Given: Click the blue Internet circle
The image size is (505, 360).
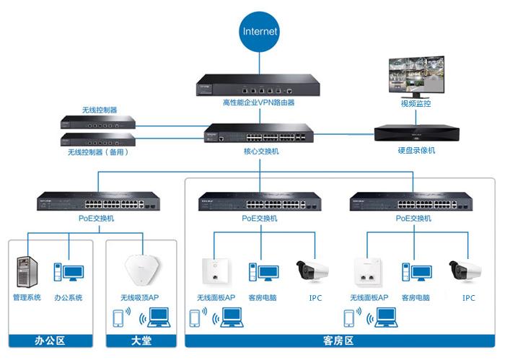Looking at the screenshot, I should coord(260,32).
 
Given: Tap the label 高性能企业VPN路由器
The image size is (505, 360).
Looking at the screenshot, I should coord(249,102).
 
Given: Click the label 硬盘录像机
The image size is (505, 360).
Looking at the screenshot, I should coord(416,151).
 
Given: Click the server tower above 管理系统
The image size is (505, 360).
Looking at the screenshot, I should coord(27,273).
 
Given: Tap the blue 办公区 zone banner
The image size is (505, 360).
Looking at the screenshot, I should coord(50,339).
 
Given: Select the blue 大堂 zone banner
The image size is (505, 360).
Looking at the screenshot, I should coord(141,339).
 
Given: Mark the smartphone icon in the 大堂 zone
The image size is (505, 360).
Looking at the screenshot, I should coord(118,318).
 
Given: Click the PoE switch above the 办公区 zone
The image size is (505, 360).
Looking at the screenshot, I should coord(96,201).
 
